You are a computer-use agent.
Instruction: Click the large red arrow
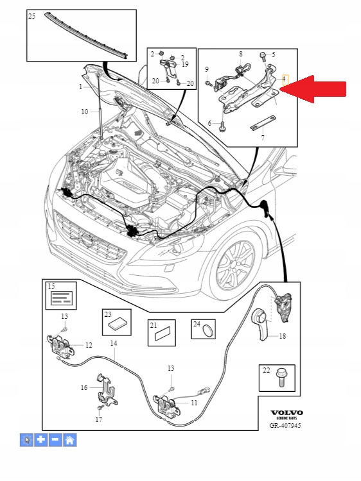point(313,89)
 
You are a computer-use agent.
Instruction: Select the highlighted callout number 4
point(285,80)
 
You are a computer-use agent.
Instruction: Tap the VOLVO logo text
point(286,412)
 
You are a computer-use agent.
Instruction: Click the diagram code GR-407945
point(285,425)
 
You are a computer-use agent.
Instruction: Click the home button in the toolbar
point(70,440)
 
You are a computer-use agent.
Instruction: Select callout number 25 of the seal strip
point(32,16)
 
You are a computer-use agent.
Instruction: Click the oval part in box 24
point(209,331)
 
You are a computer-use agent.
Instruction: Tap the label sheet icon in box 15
point(62,298)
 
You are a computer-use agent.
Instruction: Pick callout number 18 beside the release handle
point(282,336)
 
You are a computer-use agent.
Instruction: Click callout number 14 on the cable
point(114,343)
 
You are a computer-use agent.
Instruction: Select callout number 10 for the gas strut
point(85,112)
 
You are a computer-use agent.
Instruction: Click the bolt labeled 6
point(222,126)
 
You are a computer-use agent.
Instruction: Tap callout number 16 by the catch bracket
point(84,387)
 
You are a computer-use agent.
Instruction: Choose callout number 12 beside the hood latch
point(89,345)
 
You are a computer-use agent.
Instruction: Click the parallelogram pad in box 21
point(163,333)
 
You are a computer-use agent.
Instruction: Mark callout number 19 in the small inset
point(185,64)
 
